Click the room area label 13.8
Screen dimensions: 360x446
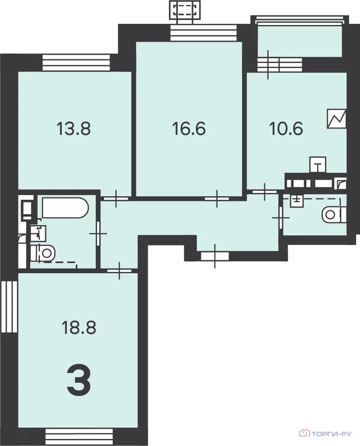click(x=74, y=128)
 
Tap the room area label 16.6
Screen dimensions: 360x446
click(x=189, y=128)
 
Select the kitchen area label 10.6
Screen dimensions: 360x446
click(x=286, y=128)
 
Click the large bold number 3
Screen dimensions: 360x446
click(x=79, y=379)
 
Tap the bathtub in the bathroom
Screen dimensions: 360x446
click(x=66, y=208)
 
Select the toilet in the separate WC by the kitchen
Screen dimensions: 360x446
click(x=334, y=215)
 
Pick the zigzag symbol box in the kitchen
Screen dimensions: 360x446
click(x=337, y=118)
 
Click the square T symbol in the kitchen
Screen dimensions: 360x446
click(x=318, y=165)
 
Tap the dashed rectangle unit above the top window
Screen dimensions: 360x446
click(x=185, y=10)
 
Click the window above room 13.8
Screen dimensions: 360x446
click(x=76, y=62)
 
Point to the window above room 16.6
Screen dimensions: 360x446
click(x=204, y=33)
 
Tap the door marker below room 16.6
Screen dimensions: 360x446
click(x=217, y=198)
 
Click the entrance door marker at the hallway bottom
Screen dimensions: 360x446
click(x=215, y=256)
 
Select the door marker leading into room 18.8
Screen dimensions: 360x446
click(x=119, y=271)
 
